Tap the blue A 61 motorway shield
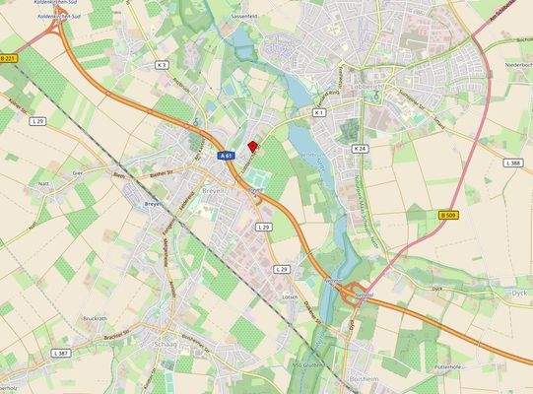[x=226, y=156]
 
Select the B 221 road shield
[x=9, y=59]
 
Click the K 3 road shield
[x=162, y=65]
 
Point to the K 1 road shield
[x=318, y=113]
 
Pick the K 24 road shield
[x=360, y=148]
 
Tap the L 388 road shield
[x=512, y=163]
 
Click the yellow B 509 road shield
[x=447, y=215]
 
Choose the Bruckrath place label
[x=95, y=318]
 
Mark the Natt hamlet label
[x=43, y=184]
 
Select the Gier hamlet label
[x=80, y=171]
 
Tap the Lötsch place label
[x=289, y=296]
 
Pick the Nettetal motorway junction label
[x=362, y=294]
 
